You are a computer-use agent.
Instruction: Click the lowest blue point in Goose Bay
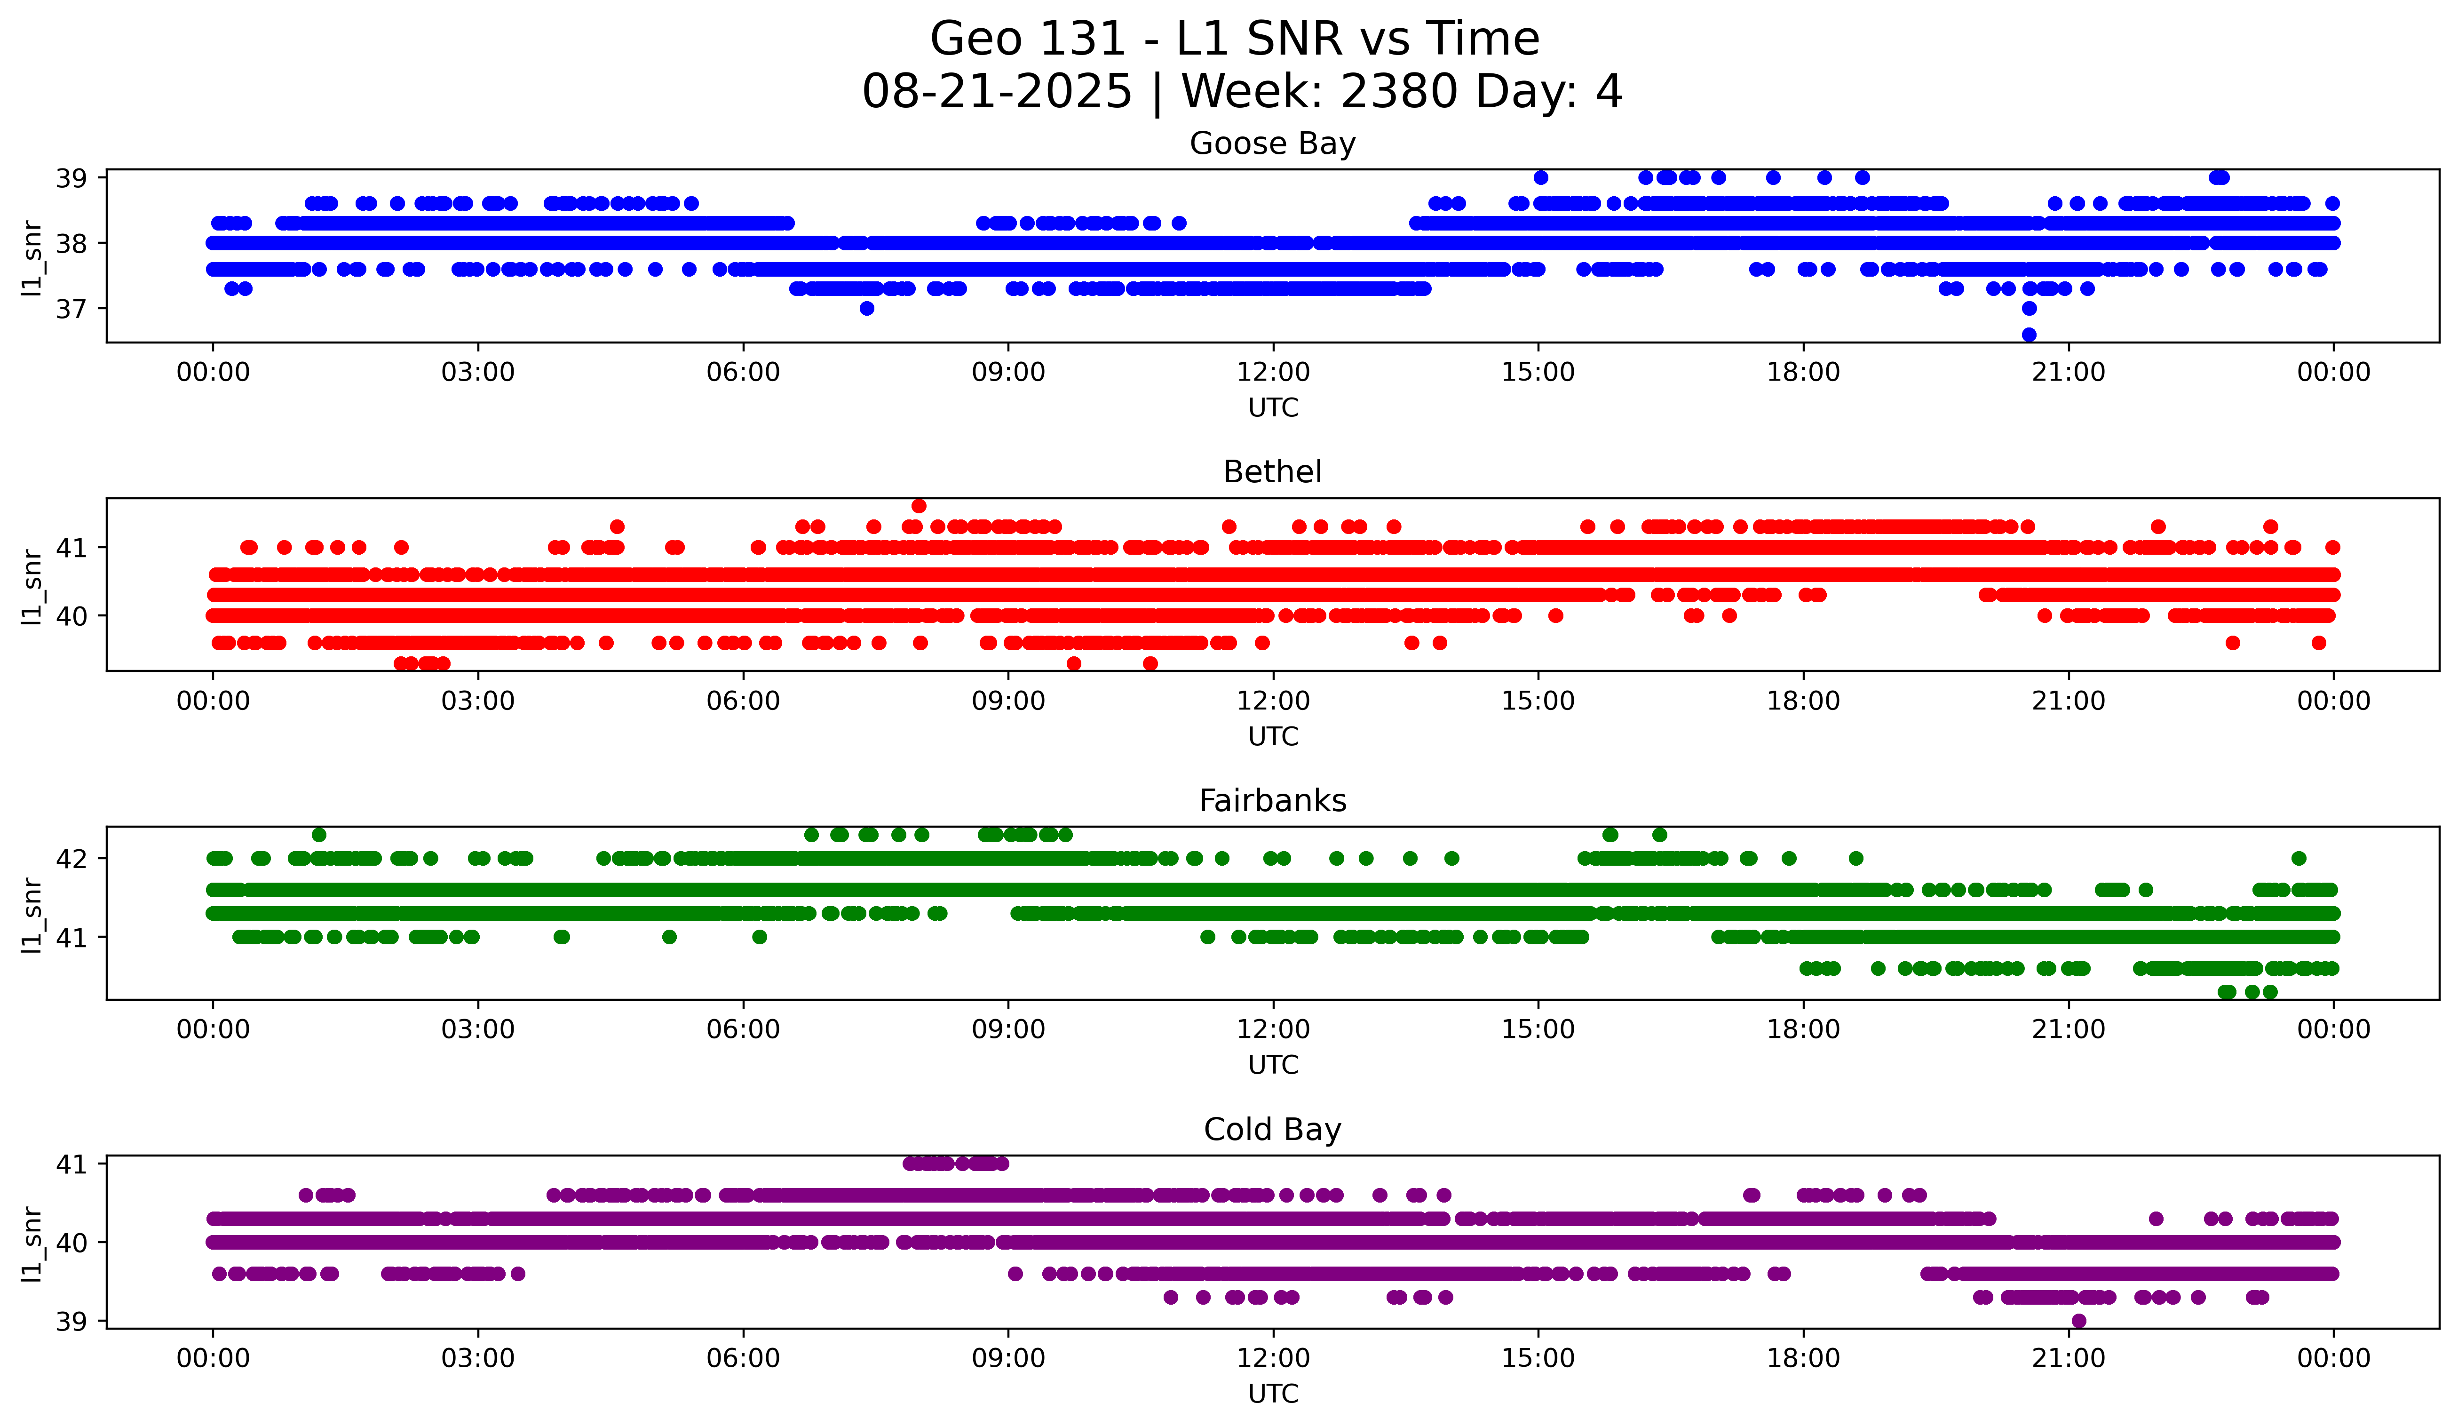pyautogui.click(x=2029, y=335)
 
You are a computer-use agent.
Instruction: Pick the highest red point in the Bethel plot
pyautogui.click(x=919, y=505)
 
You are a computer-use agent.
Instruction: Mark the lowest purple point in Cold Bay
pyautogui.click(x=2078, y=1321)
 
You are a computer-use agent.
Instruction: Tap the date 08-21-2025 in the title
pyautogui.click(x=997, y=92)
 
